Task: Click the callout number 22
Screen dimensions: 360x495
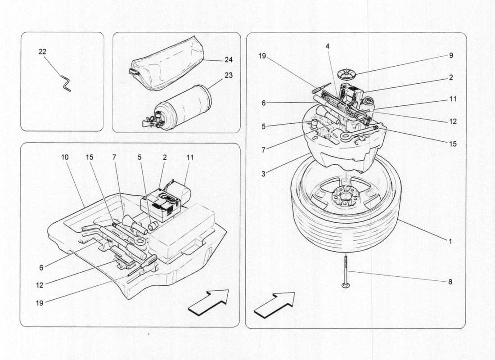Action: [x=42, y=52]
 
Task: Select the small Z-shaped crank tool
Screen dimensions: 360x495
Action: [x=65, y=84]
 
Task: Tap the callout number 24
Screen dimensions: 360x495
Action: [x=229, y=59]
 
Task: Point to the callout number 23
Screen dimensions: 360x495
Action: [x=229, y=75]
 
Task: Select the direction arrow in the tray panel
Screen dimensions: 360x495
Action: [x=208, y=302]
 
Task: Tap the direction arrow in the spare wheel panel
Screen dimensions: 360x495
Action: [x=274, y=305]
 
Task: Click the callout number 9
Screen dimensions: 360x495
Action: [x=451, y=56]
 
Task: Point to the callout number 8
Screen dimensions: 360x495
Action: [x=450, y=282]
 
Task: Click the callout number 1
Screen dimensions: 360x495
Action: [x=450, y=241]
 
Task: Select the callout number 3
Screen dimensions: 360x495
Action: [x=263, y=172]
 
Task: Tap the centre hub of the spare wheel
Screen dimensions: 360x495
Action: [x=344, y=196]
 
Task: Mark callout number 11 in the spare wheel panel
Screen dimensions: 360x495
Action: [x=453, y=99]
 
